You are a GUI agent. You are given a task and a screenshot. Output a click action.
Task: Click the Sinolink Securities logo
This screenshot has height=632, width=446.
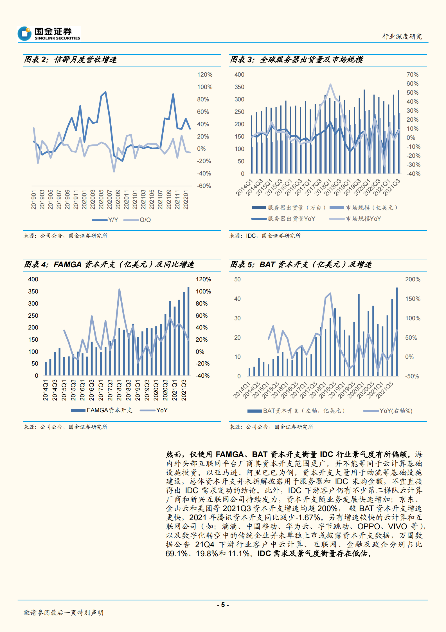click(49, 34)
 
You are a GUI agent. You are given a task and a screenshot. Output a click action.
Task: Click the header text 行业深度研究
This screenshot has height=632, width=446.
click(402, 36)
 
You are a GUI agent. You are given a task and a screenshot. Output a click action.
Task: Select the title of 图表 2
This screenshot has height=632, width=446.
click(70, 60)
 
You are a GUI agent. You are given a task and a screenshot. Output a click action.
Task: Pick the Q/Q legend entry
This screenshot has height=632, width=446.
click(138, 220)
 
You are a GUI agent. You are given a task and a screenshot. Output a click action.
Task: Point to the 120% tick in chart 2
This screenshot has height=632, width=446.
click(204, 75)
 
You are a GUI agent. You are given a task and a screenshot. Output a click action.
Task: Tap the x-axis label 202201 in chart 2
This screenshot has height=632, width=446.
click(186, 200)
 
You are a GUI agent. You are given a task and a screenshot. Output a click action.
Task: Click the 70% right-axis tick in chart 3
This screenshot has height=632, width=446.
click(412, 75)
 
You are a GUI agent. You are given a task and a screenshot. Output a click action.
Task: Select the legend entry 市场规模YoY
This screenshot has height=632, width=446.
click(355, 219)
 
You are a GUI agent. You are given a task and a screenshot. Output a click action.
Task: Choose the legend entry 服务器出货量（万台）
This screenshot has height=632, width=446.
click(289, 208)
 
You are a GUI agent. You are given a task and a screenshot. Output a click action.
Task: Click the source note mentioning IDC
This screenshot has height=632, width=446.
click(265, 236)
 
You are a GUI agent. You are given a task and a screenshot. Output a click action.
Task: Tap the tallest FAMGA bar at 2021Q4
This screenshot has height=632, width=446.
click(188, 331)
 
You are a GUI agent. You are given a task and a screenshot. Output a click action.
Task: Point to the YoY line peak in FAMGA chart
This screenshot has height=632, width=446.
click(119, 290)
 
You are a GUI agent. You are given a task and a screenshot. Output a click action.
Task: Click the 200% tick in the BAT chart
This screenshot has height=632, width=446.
click(413, 279)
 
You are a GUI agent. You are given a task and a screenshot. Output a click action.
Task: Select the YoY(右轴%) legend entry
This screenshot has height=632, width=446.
click(388, 411)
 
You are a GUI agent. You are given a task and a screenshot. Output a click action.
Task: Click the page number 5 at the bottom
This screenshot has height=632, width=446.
click(223, 605)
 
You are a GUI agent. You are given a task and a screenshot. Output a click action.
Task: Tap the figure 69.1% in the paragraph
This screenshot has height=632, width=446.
click(176, 553)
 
